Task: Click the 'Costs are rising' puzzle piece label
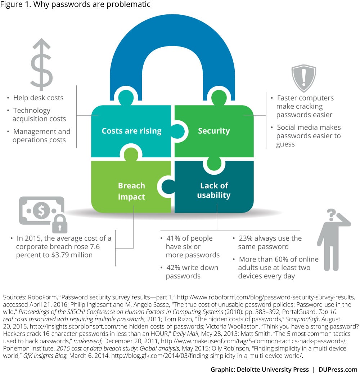click(x=131, y=131)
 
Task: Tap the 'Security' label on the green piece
click(x=213, y=131)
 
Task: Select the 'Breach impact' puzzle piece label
click(x=131, y=191)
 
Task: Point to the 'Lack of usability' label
click(x=214, y=190)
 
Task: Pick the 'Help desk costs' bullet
click(x=38, y=98)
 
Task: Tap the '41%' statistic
click(x=174, y=238)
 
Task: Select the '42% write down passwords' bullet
click(x=192, y=272)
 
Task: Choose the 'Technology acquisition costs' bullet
click(x=39, y=115)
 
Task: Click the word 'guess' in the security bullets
click(x=285, y=144)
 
